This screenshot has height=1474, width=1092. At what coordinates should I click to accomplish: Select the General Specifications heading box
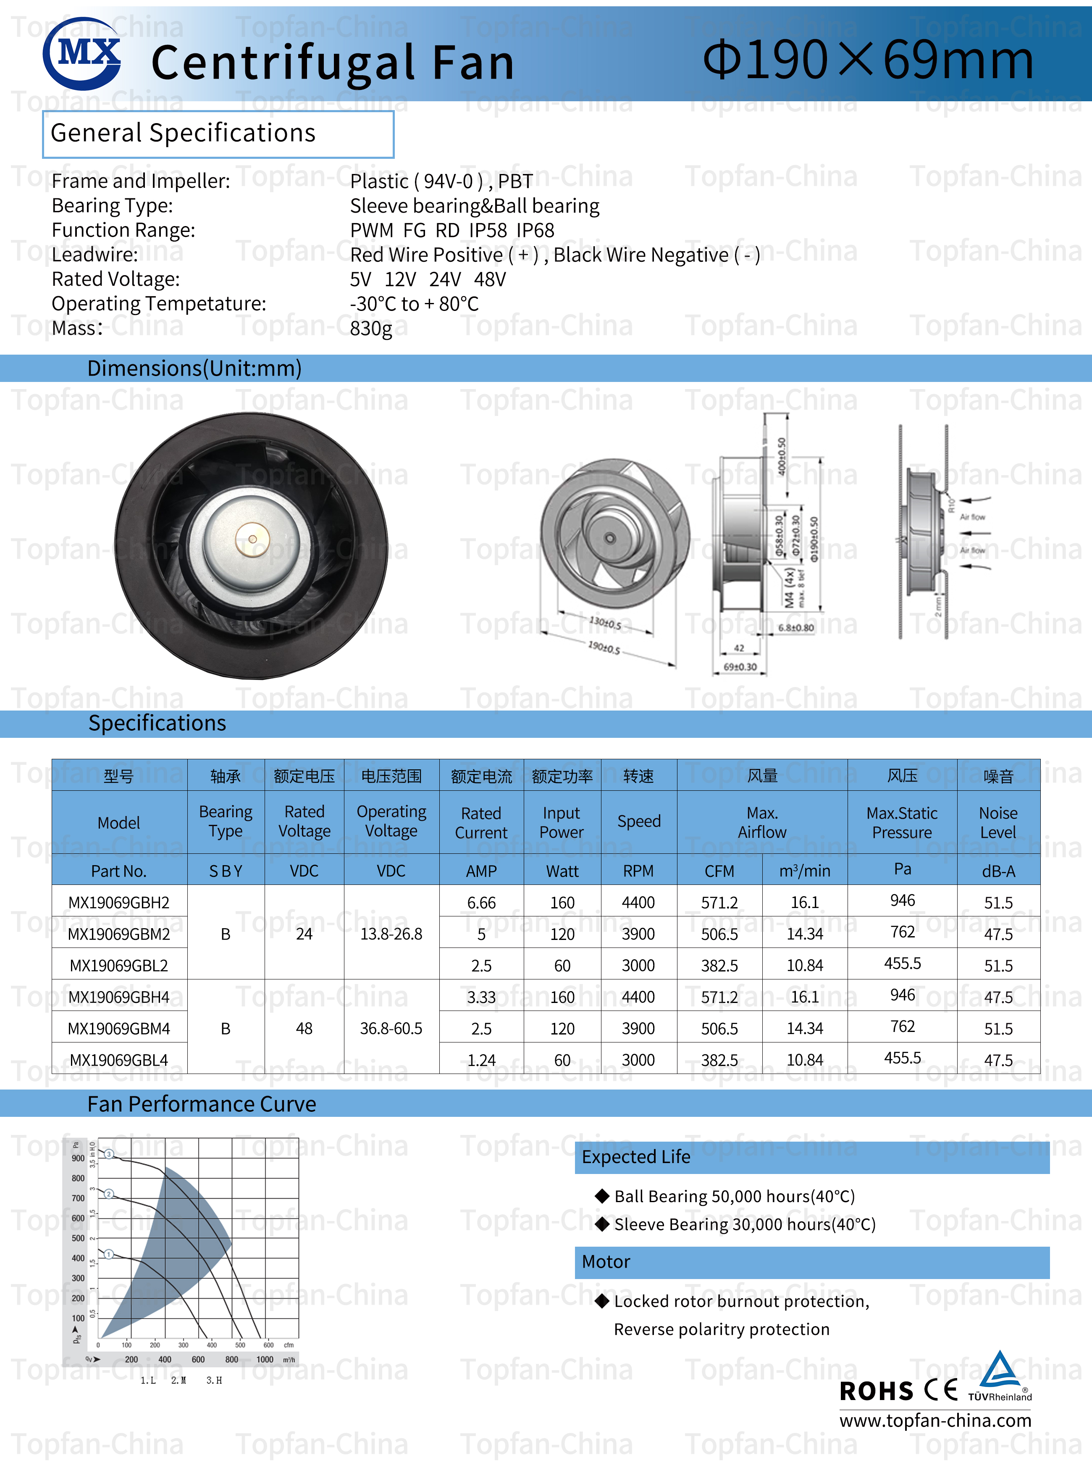tap(218, 134)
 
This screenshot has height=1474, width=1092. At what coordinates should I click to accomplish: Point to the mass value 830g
tap(371, 328)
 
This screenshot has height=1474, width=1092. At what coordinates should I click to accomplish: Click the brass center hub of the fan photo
tap(252, 539)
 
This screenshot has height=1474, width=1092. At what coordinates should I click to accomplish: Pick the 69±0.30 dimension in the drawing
tap(740, 666)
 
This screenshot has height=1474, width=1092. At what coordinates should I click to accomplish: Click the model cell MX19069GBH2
tap(119, 903)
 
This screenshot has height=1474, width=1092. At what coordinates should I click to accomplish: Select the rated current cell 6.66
tap(481, 903)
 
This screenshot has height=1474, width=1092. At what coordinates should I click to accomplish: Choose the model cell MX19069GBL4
tap(119, 1060)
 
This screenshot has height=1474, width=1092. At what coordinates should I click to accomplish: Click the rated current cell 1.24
tap(481, 1060)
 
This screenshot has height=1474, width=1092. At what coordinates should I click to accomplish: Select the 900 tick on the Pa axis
tap(78, 1158)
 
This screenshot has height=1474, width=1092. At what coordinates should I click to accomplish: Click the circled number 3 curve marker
tap(110, 1154)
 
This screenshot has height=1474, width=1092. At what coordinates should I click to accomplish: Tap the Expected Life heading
tap(636, 1157)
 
